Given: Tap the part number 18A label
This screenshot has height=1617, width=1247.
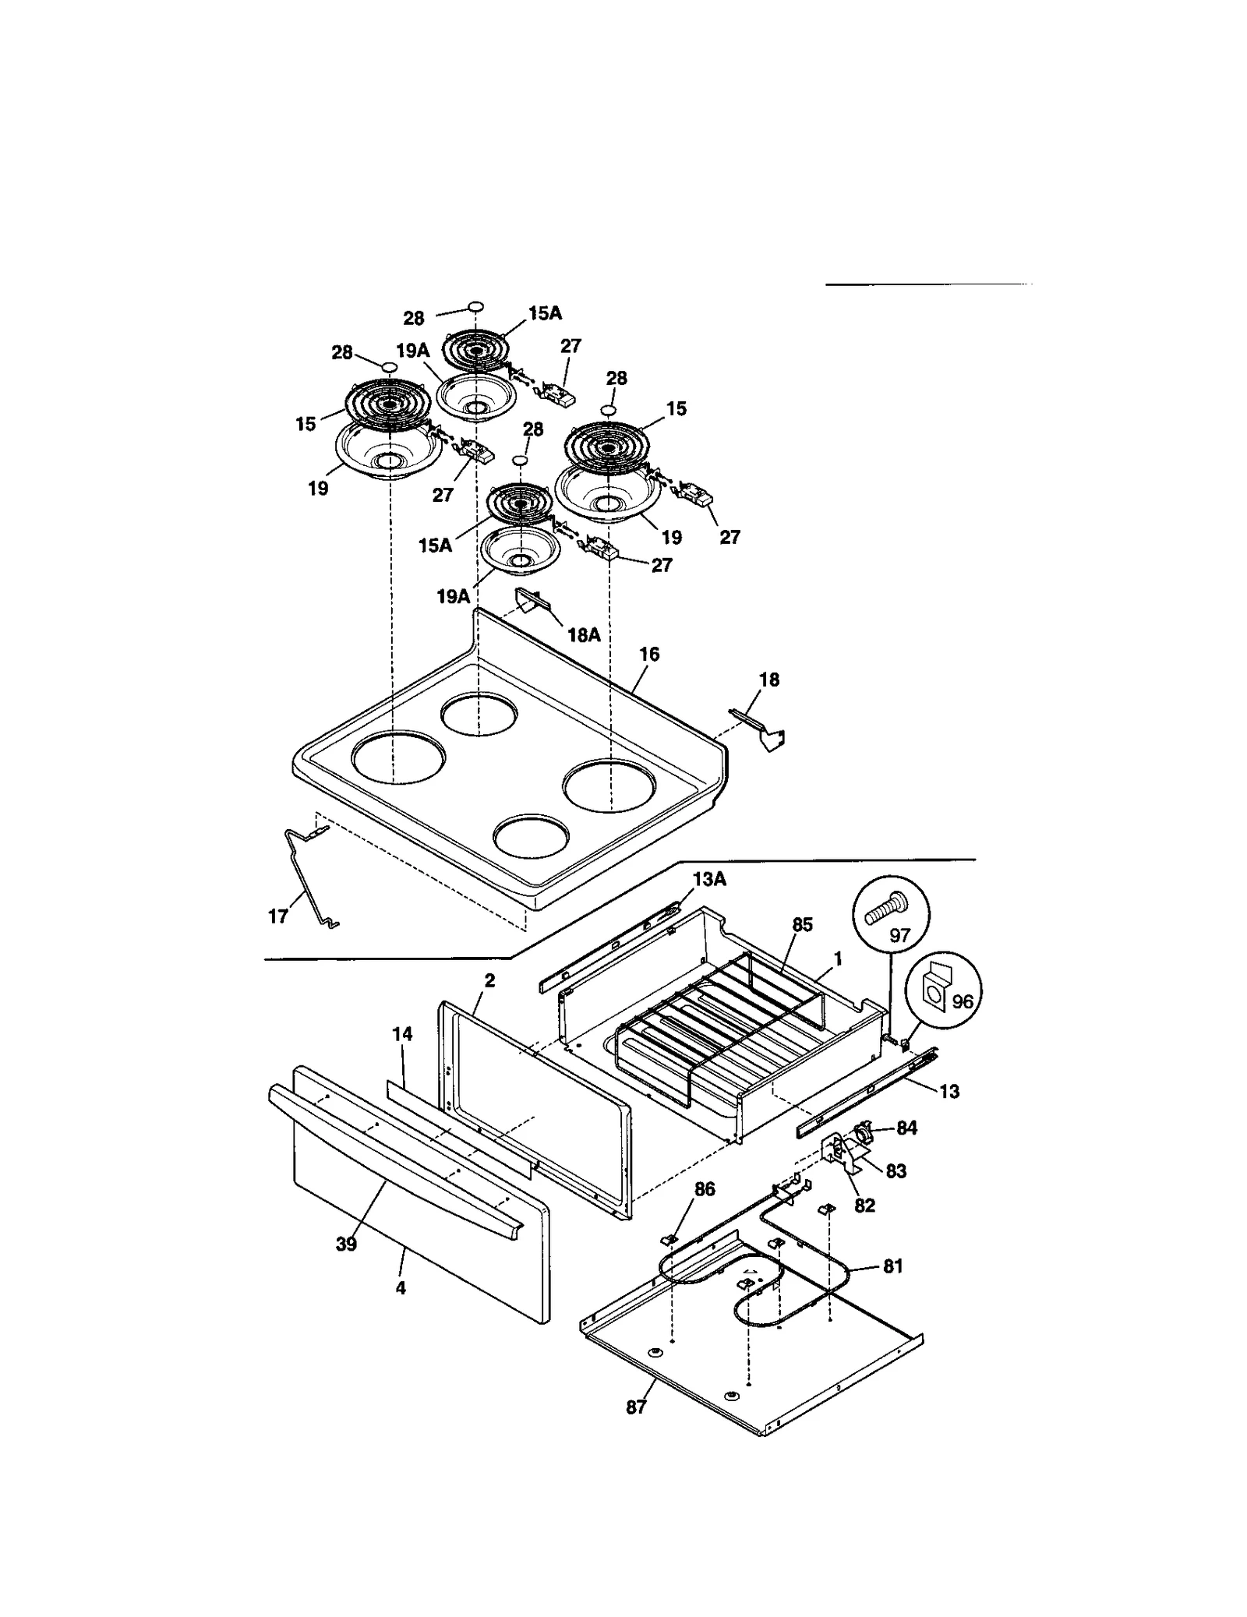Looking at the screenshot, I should [x=584, y=635].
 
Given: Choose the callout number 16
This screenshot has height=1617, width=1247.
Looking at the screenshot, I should [x=649, y=655].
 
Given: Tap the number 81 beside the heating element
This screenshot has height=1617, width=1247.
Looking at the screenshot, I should [x=892, y=1266].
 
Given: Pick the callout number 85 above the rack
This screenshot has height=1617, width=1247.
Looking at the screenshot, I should [x=802, y=924].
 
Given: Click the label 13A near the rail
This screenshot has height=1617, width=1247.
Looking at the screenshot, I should [x=709, y=879].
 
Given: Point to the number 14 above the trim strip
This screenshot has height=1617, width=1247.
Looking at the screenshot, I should [x=402, y=1034].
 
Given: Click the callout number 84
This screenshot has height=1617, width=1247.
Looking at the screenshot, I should [x=906, y=1128].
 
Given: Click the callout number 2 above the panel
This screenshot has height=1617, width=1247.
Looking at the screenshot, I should [x=489, y=980].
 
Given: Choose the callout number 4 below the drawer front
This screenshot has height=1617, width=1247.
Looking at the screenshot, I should [x=401, y=1288].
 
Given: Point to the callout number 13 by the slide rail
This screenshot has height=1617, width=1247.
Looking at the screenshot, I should [x=949, y=1092].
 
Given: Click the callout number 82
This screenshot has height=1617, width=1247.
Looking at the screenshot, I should [x=864, y=1206].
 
